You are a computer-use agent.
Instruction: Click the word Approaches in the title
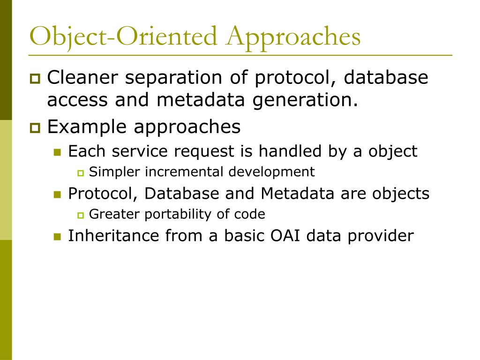click(x=293, y=38)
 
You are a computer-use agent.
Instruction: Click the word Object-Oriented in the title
click(x=123, y=38)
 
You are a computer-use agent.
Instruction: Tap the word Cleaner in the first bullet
click(x=82, y=77)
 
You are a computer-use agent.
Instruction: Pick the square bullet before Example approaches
click(x=35, y=127)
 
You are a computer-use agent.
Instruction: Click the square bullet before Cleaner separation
click(x=35, y=78)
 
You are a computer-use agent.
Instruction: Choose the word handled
click(x=290, y=151)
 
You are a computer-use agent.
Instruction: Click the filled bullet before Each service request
click(x=57, y=152)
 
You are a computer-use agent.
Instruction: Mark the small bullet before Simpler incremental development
click(x=81, y=173)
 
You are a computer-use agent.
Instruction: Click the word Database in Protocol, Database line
click(x=182, y=194)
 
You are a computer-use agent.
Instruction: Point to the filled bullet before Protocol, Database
click(x=57, y=195)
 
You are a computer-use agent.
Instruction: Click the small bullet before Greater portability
click(x=81, y=216)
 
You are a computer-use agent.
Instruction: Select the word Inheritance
click(x=113, y=236)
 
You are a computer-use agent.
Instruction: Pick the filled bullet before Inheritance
click(x=57, y=237)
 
